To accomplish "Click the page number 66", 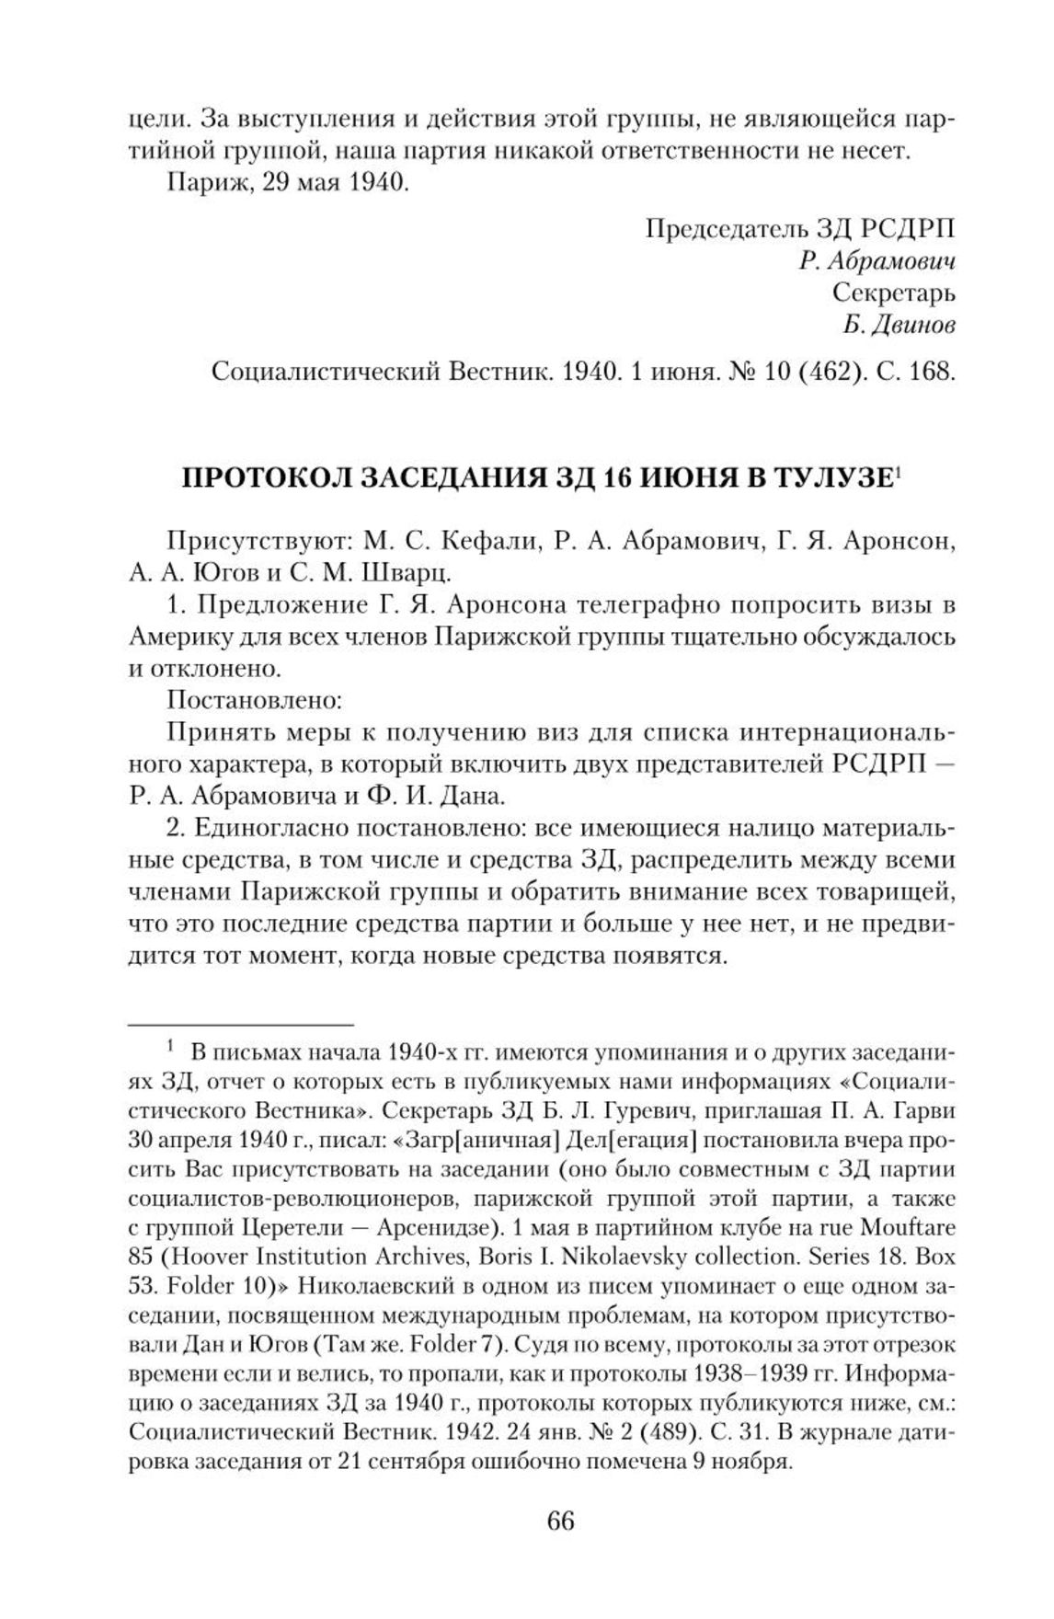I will pos(560,1521).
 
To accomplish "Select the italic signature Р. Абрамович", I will pos(877,261).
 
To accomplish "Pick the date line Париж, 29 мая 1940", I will pos(287,181).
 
